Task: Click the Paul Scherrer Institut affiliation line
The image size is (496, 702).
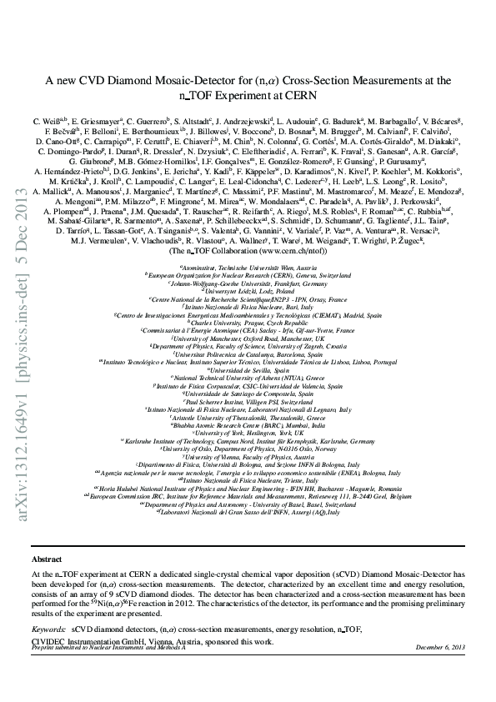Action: [248, 402]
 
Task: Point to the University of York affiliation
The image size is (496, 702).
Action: [248, 434]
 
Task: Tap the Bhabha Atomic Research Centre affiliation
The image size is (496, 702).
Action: [248, 426]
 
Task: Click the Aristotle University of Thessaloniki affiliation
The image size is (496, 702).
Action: [248, 418]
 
